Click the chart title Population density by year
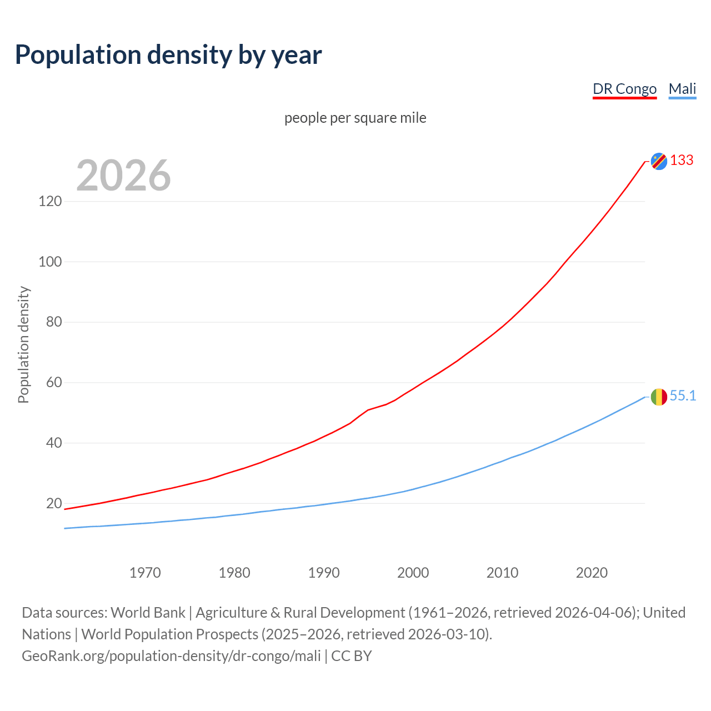168,55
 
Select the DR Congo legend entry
624,89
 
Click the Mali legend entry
682,89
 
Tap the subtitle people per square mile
355,118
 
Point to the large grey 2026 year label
123,176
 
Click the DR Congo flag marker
659,161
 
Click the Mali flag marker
659,397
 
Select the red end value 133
682,161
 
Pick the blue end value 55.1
683,396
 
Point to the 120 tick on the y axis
50,201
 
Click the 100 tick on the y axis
50,262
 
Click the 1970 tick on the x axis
145,573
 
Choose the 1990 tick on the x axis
324,573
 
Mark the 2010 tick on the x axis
502,573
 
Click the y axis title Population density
23,344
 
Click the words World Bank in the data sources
148,613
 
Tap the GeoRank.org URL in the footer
171,656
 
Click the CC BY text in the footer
352,656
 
